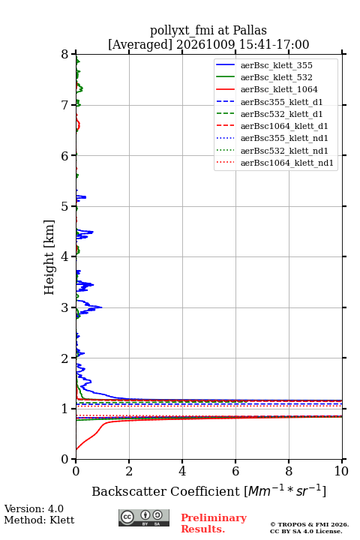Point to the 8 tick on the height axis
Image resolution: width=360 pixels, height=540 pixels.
pyautogui.click(x=73, y=54)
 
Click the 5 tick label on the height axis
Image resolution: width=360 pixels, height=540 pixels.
pyautogui.click(x=64, y=207)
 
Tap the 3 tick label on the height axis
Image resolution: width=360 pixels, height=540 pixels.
pyautogui.click(x=64, y=307)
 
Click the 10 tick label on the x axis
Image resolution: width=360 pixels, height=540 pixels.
pyautogui.click(x=341, y=471)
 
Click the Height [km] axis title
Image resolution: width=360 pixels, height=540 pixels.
pyautogui.click(x=49, y=257)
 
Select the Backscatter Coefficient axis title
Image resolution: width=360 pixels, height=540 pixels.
pyautogui.click(x=208, y=491)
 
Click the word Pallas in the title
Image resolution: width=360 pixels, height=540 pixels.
pyautogui.click(x=250, y=30)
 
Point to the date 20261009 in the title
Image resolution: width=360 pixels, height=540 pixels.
pyautogui.click(x=205, y=44)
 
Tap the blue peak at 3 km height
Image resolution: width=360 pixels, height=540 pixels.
pyautogui.click(x=101, y=307)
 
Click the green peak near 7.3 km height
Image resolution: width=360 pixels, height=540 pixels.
pyautogui.click(x=82, y=89)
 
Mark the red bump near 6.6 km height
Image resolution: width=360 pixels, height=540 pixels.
pyautogui.click(x=79, y=124)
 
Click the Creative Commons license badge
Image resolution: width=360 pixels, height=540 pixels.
pyautogui.click(x=144, y=517)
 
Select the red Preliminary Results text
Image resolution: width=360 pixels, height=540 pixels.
pyautogui.click(x=214, y=523)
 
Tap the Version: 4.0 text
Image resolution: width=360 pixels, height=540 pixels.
pyautogui.click(x=34, y=508)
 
